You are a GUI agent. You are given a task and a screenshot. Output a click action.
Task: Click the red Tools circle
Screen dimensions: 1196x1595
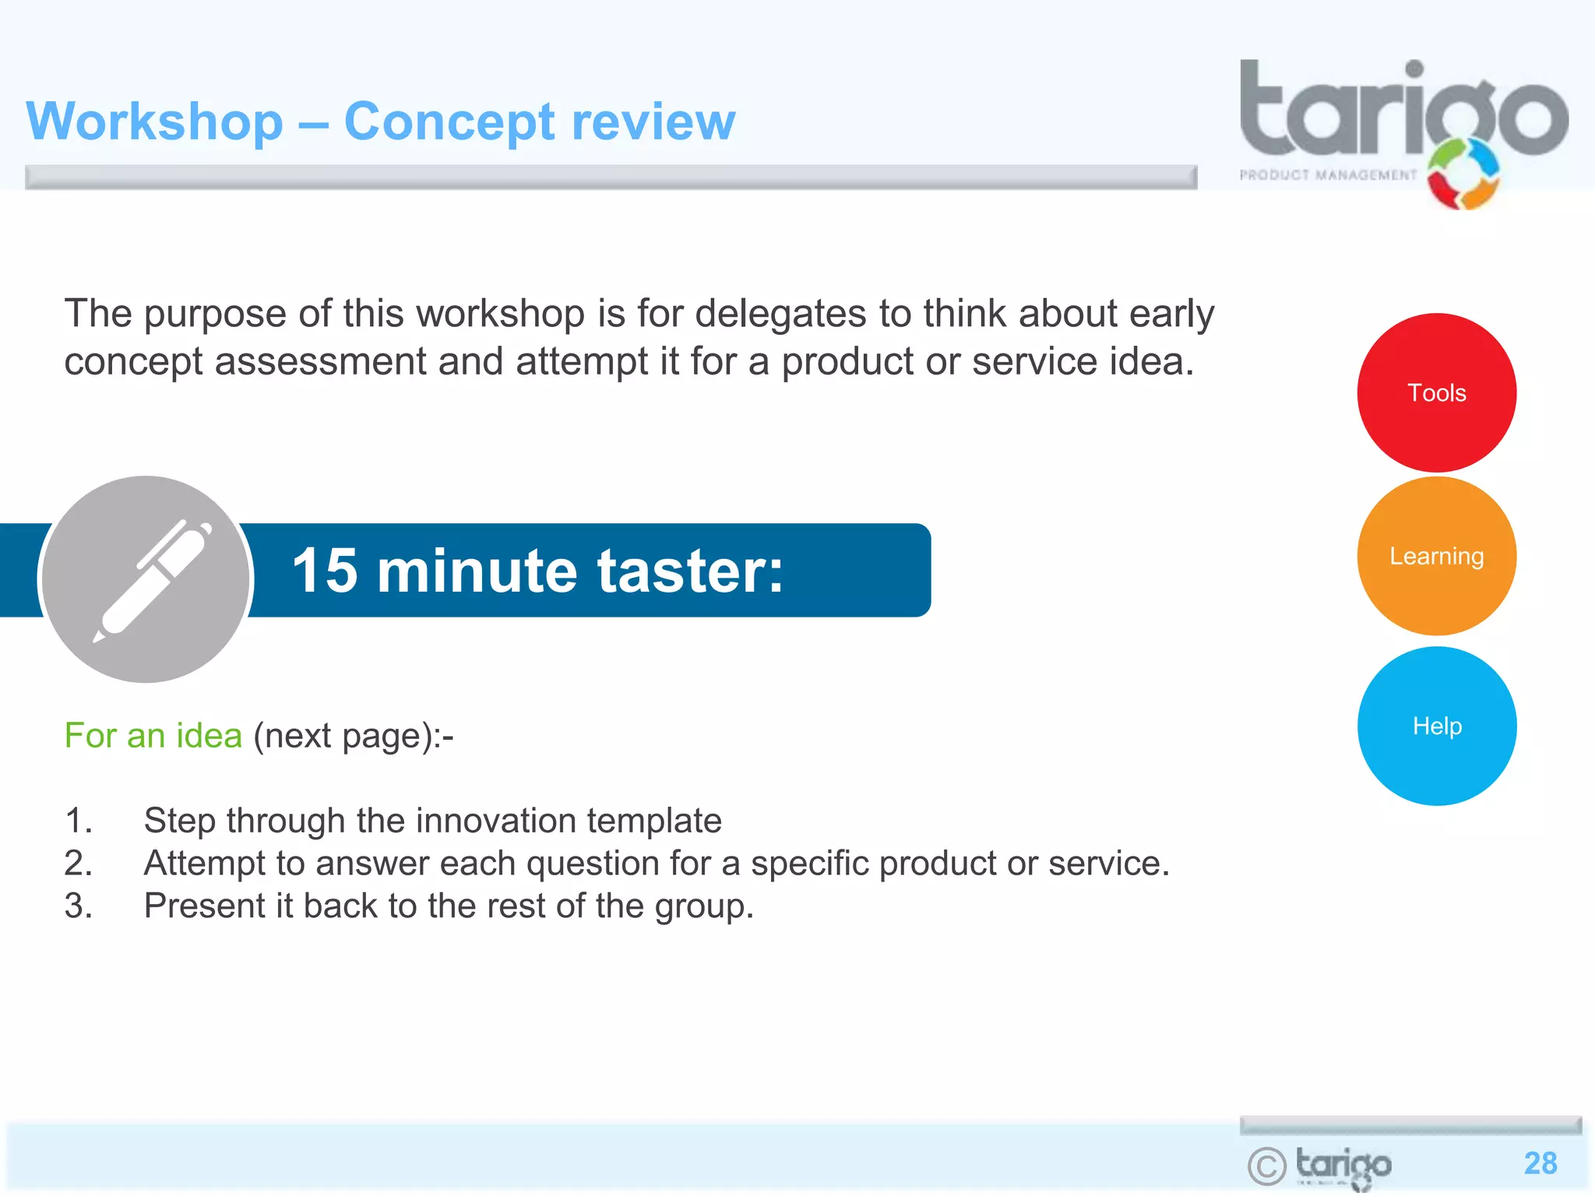coord(1436,392)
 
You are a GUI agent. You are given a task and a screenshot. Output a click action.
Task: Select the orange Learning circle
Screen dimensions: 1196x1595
coord(1436,556)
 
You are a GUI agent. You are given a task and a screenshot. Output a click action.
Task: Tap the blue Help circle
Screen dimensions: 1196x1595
coord(1436,726)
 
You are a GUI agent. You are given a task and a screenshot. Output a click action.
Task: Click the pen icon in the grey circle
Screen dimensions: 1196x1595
coord(153,579)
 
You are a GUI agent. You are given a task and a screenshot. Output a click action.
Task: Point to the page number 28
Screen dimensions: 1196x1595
coord(1540,1163)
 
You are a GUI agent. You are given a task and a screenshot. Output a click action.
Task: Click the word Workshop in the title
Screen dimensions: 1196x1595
coord(154,121)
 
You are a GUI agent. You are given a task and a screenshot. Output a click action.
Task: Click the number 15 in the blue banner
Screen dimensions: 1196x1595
coord(325,571)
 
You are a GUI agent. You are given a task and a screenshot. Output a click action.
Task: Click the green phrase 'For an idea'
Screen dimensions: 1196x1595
coord(153,735)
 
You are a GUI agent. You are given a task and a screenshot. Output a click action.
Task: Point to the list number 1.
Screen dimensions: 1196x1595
coord(77,821)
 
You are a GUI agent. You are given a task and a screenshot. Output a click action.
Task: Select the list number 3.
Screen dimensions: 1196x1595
coord(77,906)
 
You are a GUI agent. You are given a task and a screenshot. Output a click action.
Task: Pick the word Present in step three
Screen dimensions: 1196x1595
coord(205,906)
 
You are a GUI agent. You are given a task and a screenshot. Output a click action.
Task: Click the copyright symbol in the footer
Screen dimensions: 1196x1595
coord(1266,1166)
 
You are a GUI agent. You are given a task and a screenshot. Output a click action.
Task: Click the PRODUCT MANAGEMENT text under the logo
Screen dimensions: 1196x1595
coord(1327,175)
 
